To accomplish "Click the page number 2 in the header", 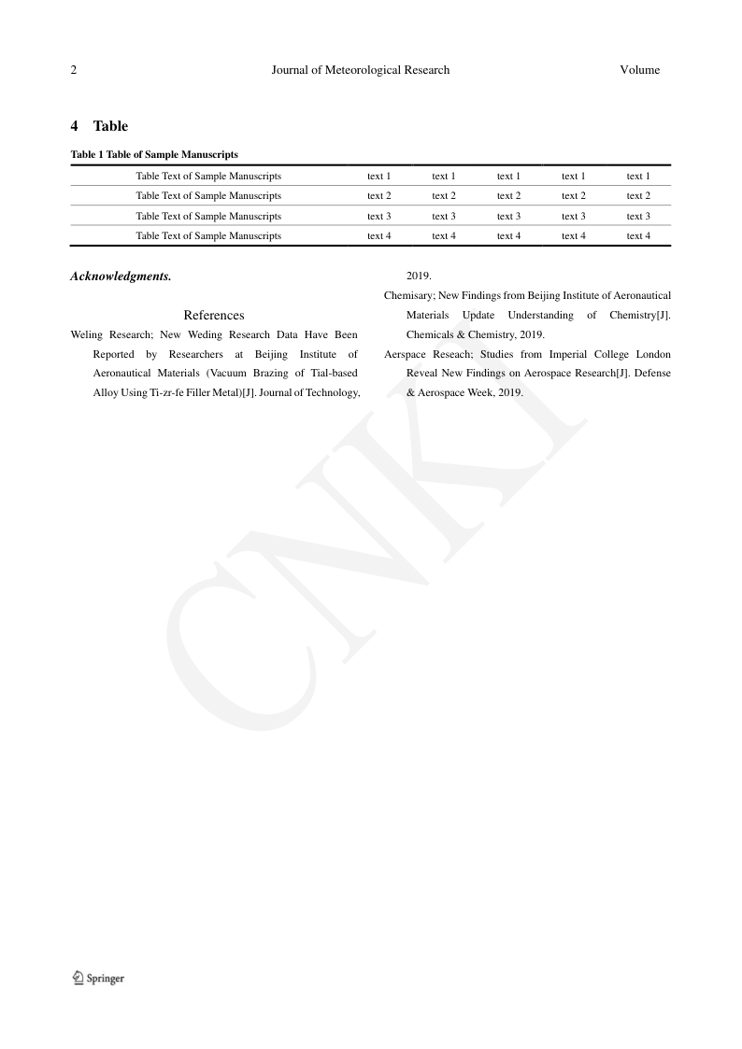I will [x=74, y=70].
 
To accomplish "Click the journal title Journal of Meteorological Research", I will [x=360, y=70].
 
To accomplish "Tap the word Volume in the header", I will [x=639, y=70].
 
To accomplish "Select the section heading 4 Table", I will [x=99, y=126].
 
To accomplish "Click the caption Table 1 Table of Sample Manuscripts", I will [x=154, y=154].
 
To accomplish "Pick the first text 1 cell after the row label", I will [x=378, y=176].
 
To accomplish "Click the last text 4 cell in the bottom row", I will [x=638, y=236].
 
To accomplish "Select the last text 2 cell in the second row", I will [x=638, y=196].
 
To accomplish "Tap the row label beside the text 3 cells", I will [x=208, y=216].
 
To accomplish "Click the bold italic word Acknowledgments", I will [x=121, y=276].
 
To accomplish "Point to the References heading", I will [x=214, y=316].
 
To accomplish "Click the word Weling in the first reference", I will [x=86, y=334].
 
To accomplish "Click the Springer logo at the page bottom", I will [x=98, y=978].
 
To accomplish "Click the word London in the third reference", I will [x=653, y=355].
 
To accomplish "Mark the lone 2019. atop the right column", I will [x=419, y=276].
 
